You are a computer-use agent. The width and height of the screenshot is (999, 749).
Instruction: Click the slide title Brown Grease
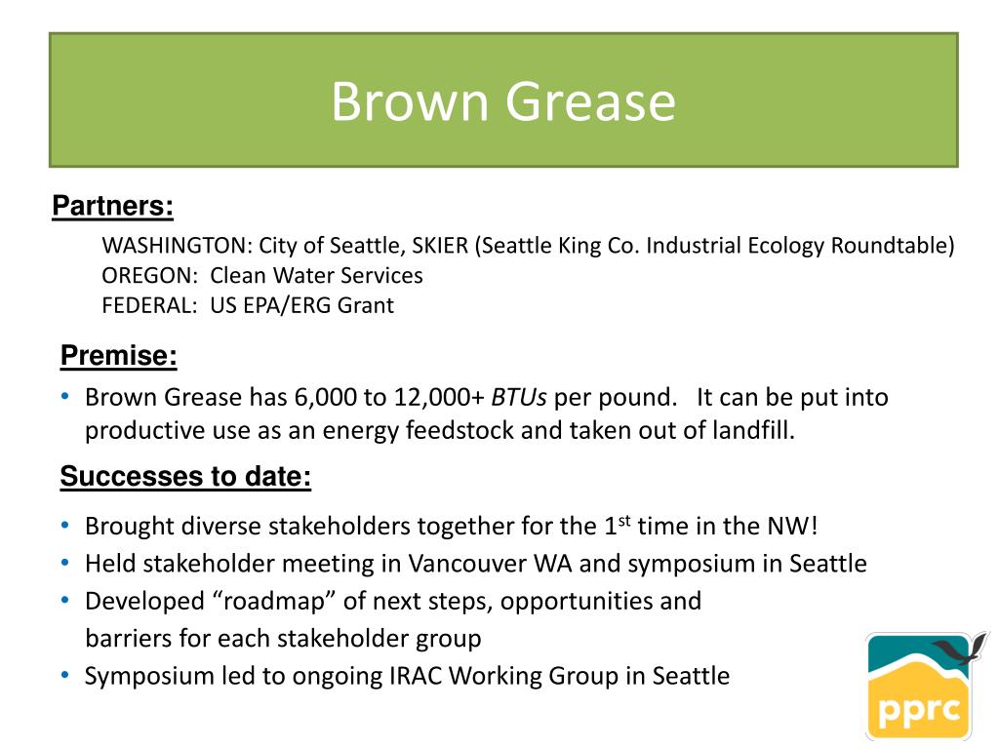pos(502,101)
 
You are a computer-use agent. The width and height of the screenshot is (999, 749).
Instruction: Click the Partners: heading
pos(112,206)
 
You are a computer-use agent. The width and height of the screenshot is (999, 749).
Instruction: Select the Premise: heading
pos(118,356)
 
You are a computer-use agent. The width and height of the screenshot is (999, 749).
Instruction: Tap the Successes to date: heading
pos(185,477)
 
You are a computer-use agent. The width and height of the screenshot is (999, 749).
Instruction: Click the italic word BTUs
pos(519,398)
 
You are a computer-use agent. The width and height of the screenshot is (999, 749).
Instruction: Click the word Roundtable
pos(893,245)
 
